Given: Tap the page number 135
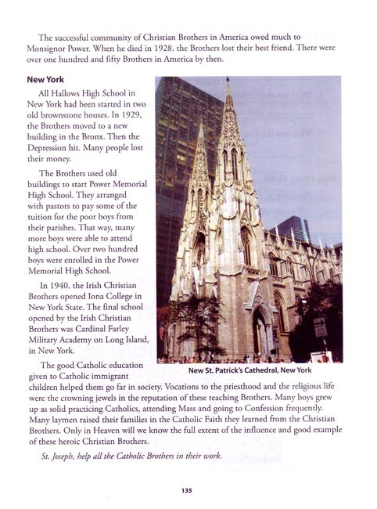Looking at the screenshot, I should tap(187, 490).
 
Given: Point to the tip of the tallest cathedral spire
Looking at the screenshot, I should tap(228, 78).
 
